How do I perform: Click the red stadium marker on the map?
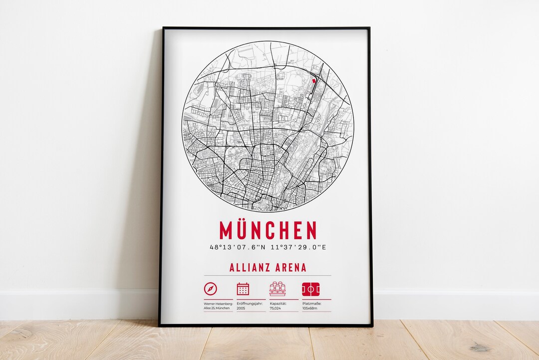coord(314,80)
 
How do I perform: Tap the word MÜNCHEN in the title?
coord(268,230)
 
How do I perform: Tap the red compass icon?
coord(211,289)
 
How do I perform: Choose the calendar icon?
coord(243,289)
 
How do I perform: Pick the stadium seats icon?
coord(277,289)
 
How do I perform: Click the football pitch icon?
coord(310,289)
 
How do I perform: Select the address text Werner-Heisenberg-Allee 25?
coord(218,306)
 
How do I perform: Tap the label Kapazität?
coord(278,303)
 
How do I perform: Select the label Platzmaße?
coord(312,303)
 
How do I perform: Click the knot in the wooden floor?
coord(480,348)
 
